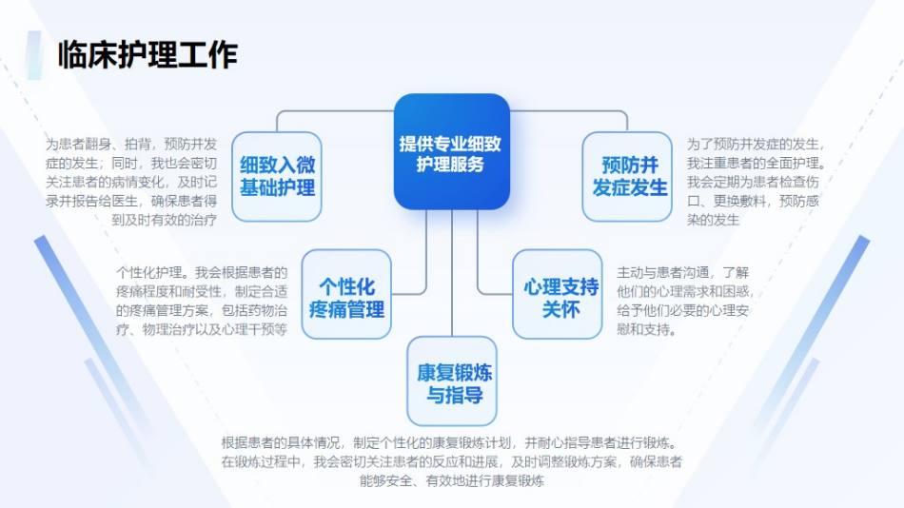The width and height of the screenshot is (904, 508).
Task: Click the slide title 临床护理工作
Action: point(147,54)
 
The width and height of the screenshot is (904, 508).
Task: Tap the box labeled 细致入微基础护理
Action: point(277,176)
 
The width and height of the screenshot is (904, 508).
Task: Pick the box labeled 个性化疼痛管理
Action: point(346,298)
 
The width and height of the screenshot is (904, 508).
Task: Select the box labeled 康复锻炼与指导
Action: point(452,381)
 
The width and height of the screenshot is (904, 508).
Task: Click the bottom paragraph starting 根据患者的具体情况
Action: point(451,462)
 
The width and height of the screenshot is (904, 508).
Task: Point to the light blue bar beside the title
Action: point(35,54)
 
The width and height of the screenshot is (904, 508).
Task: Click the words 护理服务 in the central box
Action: point(451,165)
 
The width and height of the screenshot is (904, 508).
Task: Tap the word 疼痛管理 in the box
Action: point(346,310)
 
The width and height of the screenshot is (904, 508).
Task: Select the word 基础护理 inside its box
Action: point(277,187)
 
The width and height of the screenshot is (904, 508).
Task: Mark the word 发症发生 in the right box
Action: point(629,187)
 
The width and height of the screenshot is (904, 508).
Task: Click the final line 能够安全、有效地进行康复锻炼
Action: point(451,481)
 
